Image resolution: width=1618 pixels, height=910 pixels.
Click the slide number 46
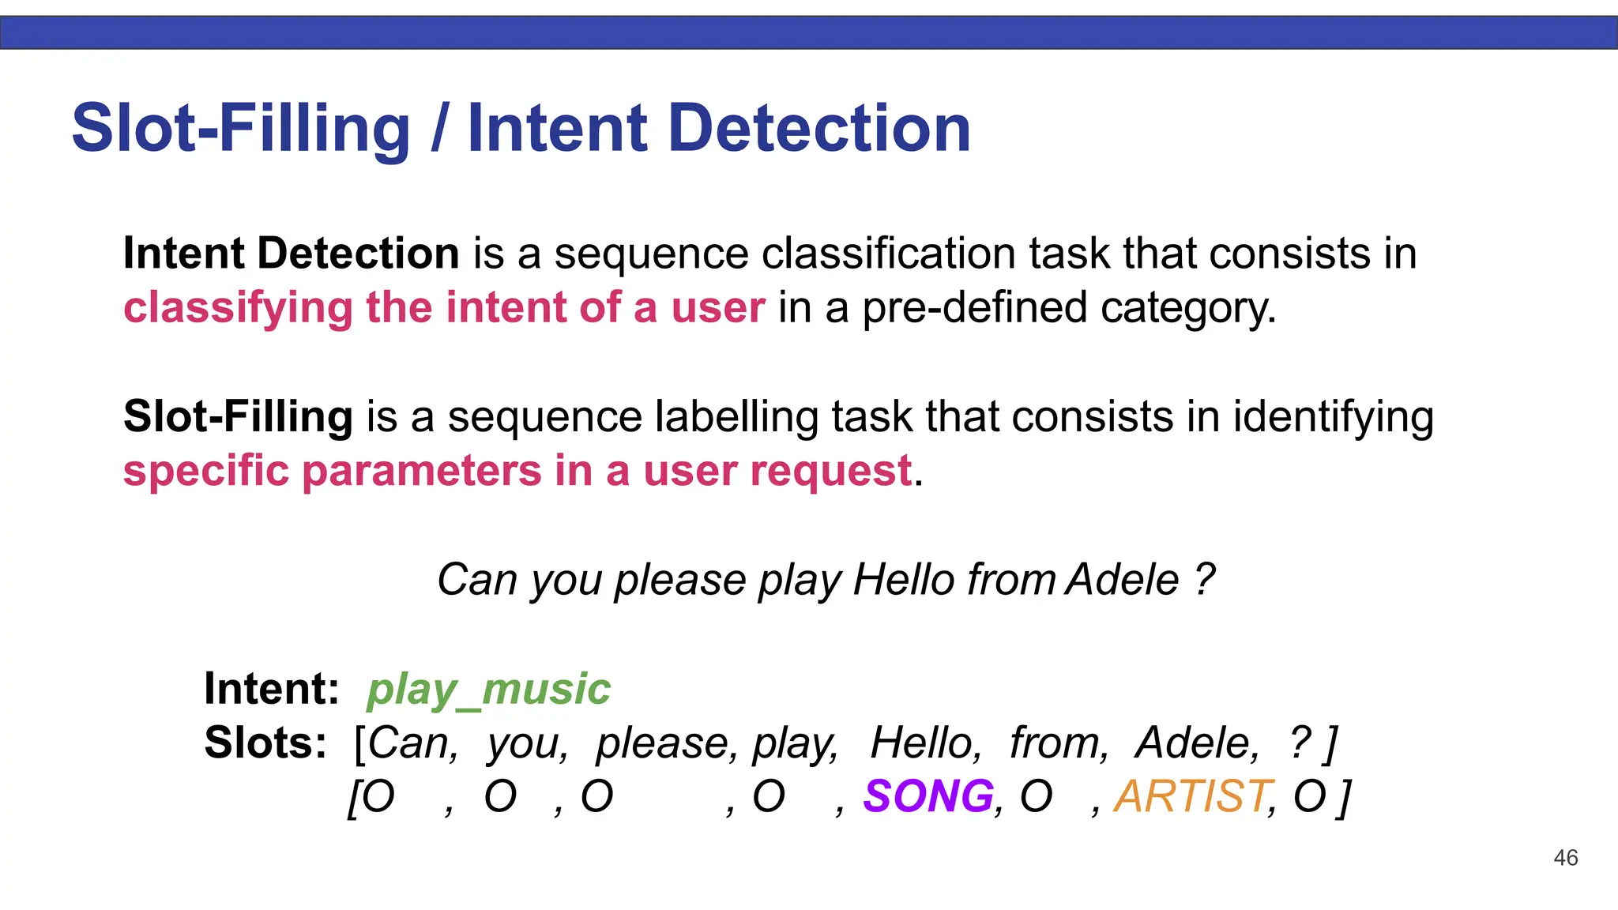[x=1565, y=858]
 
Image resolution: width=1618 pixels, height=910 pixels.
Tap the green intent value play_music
[x=488, y=689]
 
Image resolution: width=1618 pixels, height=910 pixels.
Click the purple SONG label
[x=928, y=795]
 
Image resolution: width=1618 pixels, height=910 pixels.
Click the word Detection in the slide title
[x=819, y=128]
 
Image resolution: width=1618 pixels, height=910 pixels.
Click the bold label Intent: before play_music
[x=271, y=689]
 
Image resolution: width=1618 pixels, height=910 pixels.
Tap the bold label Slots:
[x=265, y=743]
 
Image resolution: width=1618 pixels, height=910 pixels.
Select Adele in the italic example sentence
[x=1122, y=580]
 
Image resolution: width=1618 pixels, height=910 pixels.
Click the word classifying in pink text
[x=238, y=308]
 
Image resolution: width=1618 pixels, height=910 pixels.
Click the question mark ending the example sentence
[x=1204, y=580]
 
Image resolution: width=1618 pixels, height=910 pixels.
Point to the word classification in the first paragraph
[x=888, y=254]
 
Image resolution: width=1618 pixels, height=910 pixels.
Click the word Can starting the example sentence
[x=477, y=580]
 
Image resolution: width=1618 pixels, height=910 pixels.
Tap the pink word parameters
[x=422, y=472]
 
